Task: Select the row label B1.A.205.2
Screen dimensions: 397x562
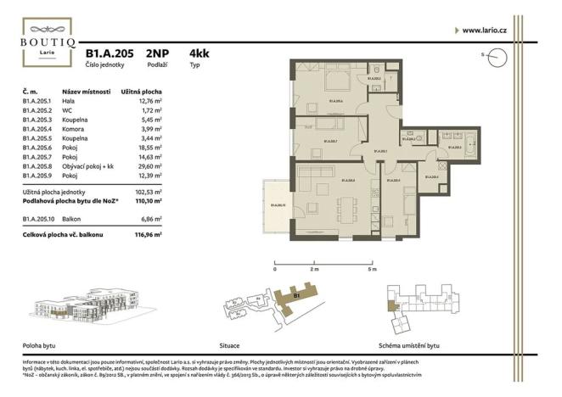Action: point(38,109)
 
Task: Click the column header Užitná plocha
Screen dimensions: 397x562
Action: point(140,91)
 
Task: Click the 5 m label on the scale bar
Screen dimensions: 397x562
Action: point(372,268)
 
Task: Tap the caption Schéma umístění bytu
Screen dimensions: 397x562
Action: point(410,346)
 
